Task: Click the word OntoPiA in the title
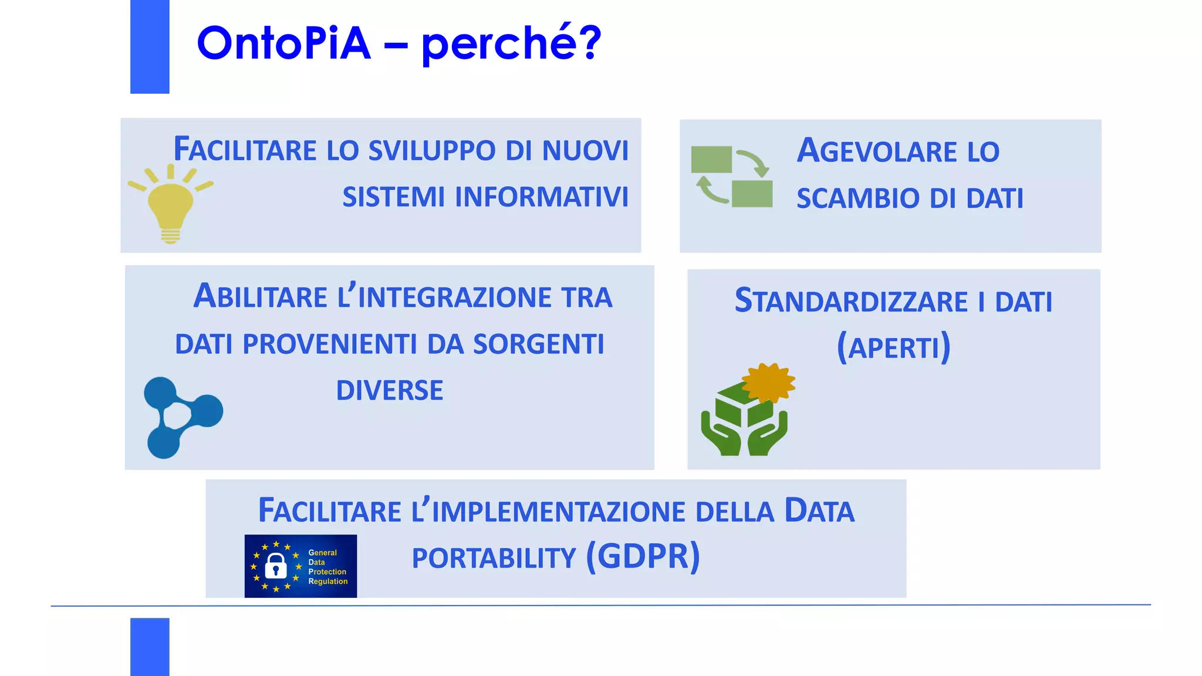[283, 43]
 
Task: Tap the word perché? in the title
[511, 45]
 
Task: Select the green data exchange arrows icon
[732, 177]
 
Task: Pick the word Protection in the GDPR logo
[327, 572]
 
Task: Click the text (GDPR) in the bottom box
[643, 556]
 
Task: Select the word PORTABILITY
[494, 558]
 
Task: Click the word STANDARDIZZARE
[851, 302]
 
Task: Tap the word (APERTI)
[893, 347]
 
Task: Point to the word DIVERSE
[389, 391]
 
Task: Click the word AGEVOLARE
[877, 151]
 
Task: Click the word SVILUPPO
[432, 151]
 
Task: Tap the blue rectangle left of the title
[150, 46]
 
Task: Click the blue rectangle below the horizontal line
[150, 646]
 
